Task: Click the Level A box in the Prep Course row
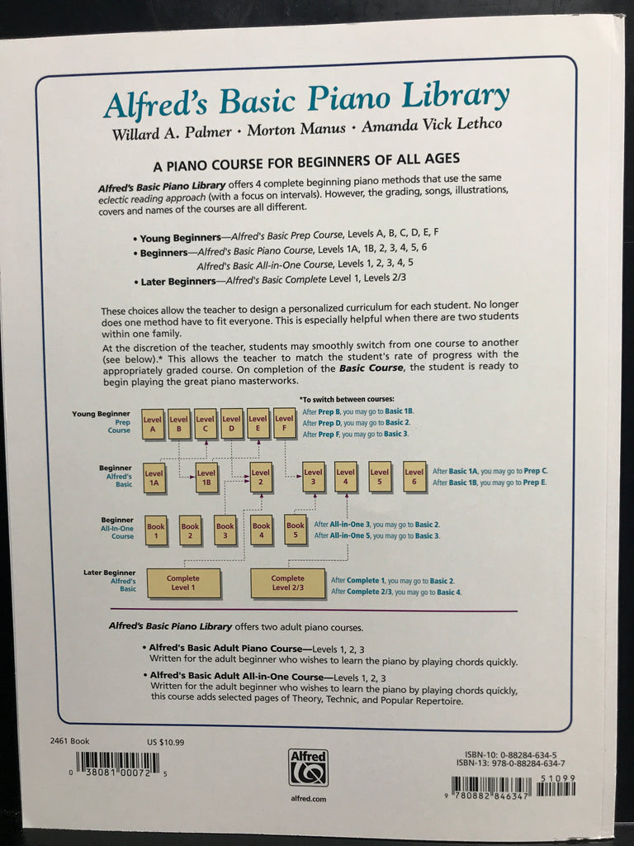tap(153, 423)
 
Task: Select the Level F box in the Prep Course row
tap(285, 423)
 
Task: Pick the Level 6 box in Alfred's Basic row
tap(414, 477)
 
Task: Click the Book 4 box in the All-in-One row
tap(261, 530)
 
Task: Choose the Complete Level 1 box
tap(183, 582)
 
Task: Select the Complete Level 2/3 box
tap(287, 582)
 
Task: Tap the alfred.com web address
tap(308, 799)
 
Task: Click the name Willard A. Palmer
tap(161, 132)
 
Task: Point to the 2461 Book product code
tap(69, 742)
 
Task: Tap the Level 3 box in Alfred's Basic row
tap(313, 477)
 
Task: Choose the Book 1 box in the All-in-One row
tap(155, 530)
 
